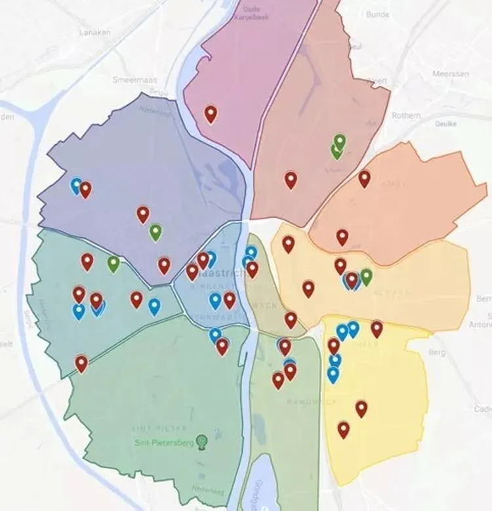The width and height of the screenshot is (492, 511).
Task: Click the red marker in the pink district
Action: click(211, 114)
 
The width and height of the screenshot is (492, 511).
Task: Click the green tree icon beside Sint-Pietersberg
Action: click(202, 441)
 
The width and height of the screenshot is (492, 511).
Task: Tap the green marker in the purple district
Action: click(155, 232)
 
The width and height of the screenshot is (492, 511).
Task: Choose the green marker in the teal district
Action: click(113, 264)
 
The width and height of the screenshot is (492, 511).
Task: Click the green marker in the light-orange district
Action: click(366, 277)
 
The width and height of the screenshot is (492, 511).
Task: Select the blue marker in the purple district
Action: click(77, 186)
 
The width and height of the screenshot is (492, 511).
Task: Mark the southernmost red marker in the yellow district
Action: click(343, 430)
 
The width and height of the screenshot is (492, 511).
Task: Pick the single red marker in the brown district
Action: click(291, 180)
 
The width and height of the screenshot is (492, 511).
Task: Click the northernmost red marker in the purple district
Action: click(85, 190)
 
